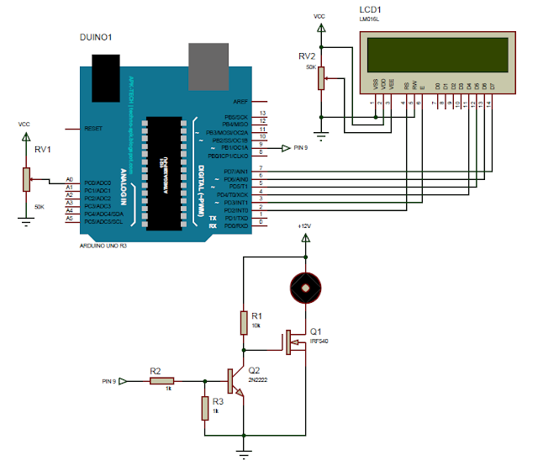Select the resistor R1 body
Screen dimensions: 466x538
244,322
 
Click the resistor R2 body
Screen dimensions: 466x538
162,381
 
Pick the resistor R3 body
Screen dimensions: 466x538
204,408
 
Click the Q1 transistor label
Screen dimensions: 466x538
316,331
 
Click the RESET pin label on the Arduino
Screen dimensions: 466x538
93,129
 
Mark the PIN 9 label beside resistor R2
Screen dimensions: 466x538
109,381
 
